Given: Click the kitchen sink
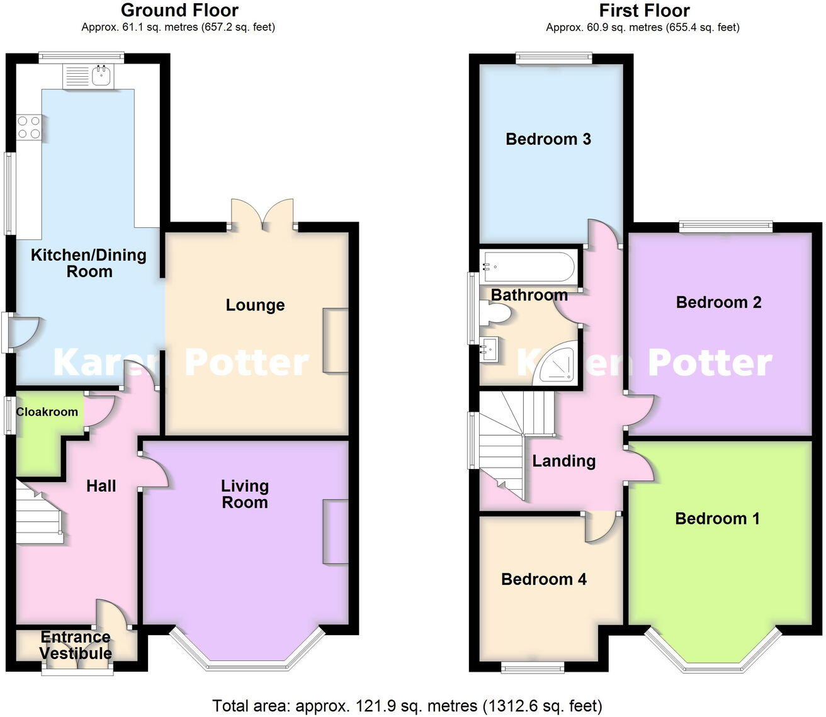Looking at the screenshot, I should pos(101,76).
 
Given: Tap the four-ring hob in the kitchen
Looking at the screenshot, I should pos(29,127).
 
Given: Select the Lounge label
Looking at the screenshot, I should pos(255,305).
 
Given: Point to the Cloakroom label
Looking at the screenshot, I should pos(47,412).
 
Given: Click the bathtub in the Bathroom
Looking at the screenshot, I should pos(527,266).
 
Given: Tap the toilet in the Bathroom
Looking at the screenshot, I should pos(495,313).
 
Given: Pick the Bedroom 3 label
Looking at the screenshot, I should pos(548,139).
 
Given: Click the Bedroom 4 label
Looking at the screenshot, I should pos(543,579).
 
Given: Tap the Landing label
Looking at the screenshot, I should pos(563,461).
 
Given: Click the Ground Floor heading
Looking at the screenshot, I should pos(179,11).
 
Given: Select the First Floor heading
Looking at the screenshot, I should pos(643,11).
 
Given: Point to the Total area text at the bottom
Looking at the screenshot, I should pos(407,706).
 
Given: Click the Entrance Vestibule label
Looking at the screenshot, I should pos(76,645).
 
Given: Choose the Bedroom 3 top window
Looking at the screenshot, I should pos(554,59).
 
